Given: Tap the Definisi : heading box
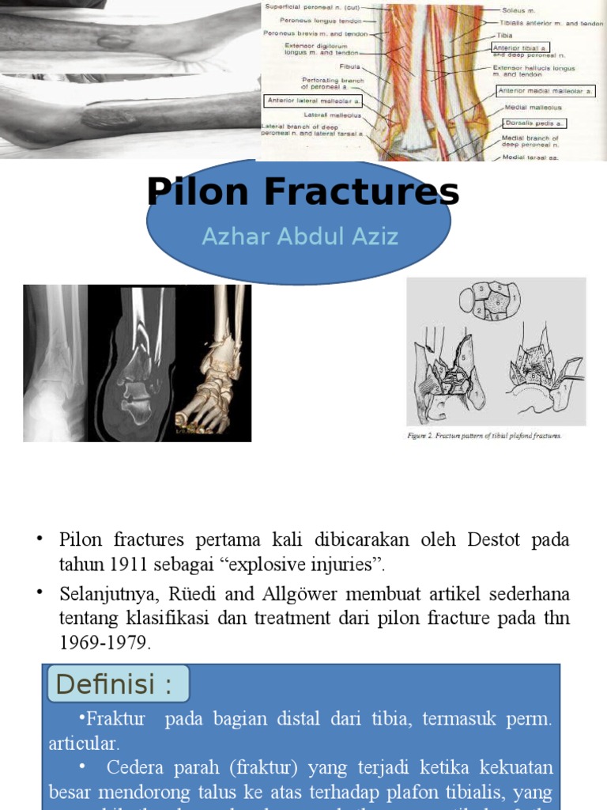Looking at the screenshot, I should click(x=115, y=684).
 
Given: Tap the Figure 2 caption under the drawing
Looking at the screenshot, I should click(x=484, y=436).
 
